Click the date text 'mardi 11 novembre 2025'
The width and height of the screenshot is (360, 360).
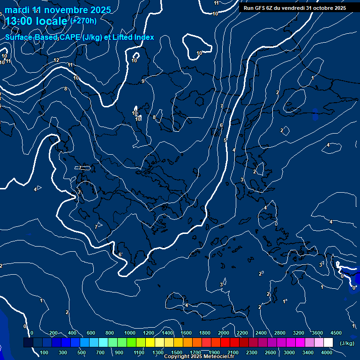pos(58,10)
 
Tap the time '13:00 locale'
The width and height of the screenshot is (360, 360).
pos(36,21)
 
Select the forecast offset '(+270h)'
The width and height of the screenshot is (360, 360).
pos(83,21)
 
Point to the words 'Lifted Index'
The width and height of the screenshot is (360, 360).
pos(135,37)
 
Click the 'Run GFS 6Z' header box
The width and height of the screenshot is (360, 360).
pos(295,8)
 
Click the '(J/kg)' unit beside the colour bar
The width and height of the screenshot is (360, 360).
pos(347,344)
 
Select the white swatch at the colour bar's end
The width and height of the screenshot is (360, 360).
pos(328,343)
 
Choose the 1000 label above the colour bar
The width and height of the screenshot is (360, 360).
pos(130,333)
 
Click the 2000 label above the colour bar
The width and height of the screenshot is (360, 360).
pos(224,333)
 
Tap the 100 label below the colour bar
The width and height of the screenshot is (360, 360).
pos(45,352)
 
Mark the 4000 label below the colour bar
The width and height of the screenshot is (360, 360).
pos(327,352)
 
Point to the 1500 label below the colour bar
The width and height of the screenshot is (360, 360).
pos(177,352)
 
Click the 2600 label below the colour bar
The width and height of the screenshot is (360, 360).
pos(270,352)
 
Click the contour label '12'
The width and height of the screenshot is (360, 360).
pos(56,60)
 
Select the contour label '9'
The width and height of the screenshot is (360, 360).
pos(143,82)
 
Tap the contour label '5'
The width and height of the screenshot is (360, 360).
pos(225,140)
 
